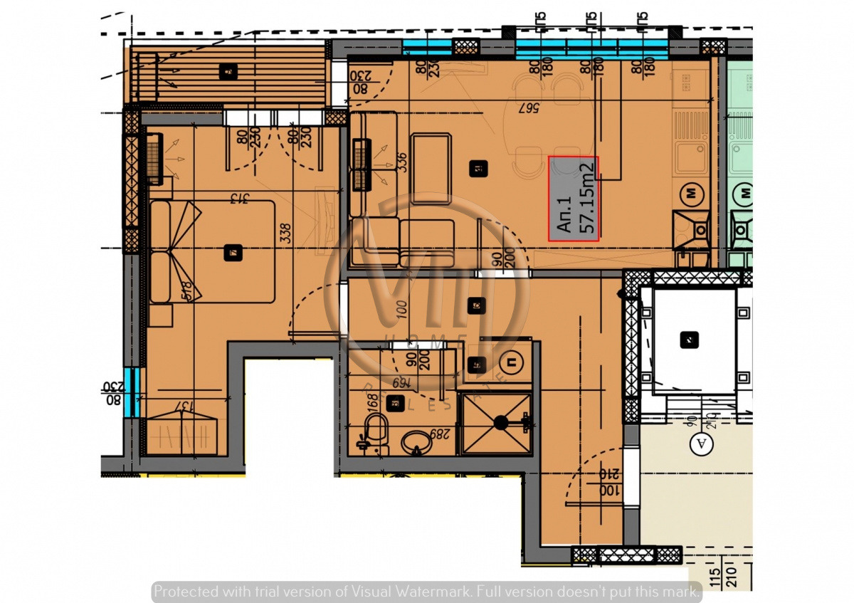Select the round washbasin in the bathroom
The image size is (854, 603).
(416, 442)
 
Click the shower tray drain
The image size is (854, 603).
(501, 422)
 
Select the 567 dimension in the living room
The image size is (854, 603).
(527, 108)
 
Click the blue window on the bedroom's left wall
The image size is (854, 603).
(130, 392)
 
